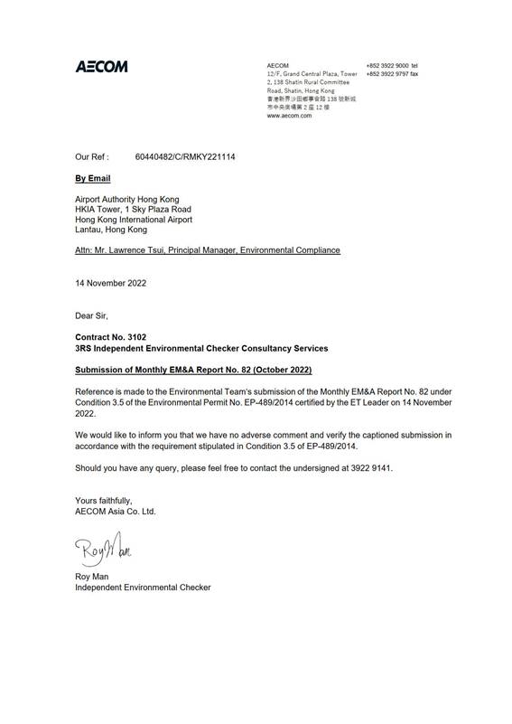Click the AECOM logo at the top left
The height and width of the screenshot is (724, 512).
tap(101, 67)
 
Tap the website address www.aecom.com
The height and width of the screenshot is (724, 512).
tap(290, 117)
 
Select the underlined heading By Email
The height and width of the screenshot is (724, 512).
tap(92, 180)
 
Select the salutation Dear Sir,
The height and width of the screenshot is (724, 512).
tap(91, 315)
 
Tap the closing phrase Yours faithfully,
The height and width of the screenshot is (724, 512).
tap(105, 500)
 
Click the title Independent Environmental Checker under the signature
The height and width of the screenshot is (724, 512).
tap(143, 588)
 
